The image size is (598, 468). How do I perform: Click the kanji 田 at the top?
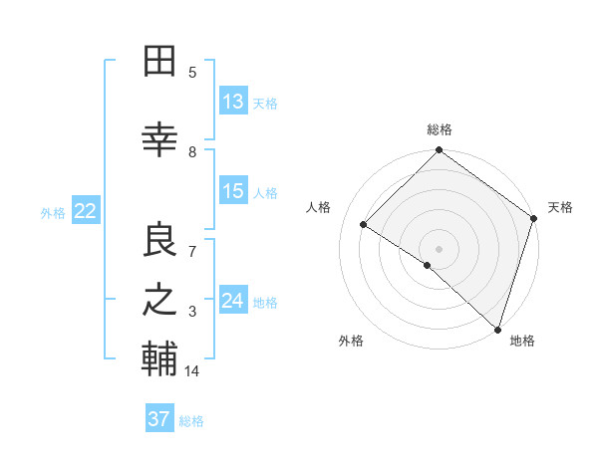coord(159,62)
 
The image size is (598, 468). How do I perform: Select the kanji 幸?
coord(159,140)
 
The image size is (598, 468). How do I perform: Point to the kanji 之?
coord(159,301)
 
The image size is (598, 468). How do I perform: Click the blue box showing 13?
coord(233,102)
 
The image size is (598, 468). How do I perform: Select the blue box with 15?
coord(233,192)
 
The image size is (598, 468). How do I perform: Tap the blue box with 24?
coord(233,301)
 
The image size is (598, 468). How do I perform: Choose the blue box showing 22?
coord(85,211)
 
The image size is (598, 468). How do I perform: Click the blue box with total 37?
coord(159,419)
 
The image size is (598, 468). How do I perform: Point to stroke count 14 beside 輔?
coord(192,371)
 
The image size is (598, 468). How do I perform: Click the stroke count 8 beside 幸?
coord(192,152)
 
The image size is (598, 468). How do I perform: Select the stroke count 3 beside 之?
coord(192,312)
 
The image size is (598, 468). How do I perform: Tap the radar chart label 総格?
coord(440,129)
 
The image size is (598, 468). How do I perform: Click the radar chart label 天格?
coord(560,207)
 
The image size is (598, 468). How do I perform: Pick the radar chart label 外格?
coord(351,341)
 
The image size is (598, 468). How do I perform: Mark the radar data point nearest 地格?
coord(497,329)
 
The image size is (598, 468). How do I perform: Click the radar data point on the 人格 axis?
coord(364,225)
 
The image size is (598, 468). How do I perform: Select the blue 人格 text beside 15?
coord(265,193)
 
